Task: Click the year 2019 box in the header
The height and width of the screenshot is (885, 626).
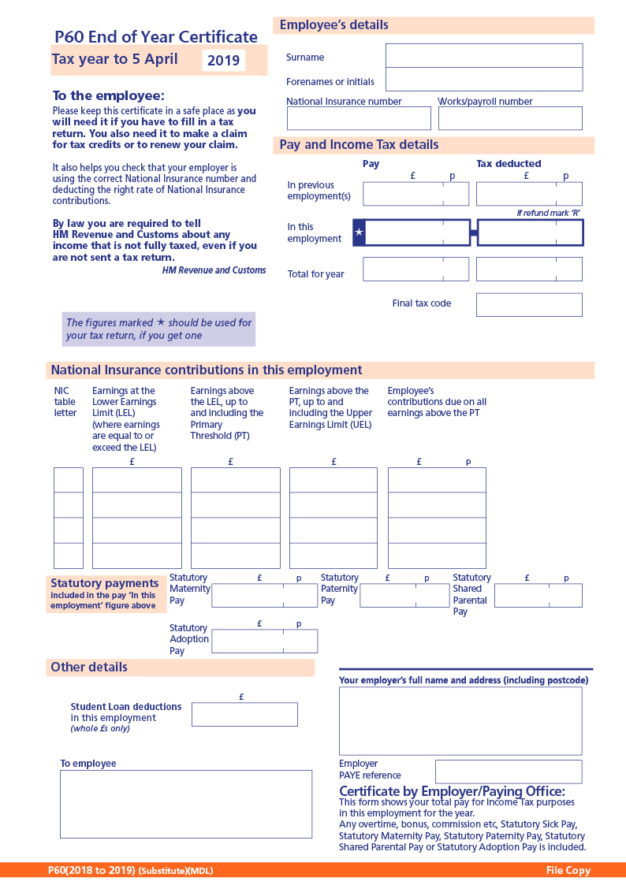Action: [223, 61]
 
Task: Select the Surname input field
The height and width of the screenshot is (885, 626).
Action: [483, 56]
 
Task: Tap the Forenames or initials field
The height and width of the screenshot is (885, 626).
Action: [483, 80]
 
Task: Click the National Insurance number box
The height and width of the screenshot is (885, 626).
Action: [359, 118]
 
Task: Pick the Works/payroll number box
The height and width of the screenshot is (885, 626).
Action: [510, 118]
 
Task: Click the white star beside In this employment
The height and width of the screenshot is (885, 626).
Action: [360, 232]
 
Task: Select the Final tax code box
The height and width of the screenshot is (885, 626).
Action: [529, 305]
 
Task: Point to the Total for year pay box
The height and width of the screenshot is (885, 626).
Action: [415, 269]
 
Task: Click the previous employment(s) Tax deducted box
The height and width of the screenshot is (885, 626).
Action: [529, 194]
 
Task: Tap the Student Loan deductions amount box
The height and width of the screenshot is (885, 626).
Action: [244, 714]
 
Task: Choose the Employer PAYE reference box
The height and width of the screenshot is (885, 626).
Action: [509, 772]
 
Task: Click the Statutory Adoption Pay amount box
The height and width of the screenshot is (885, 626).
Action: [264, 641]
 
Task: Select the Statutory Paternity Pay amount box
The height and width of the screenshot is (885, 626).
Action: [404, 595]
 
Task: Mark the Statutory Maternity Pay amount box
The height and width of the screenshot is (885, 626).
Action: [264, 595]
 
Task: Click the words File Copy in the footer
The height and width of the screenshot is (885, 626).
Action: [568, 870]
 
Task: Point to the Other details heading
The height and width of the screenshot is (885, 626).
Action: [89, 667]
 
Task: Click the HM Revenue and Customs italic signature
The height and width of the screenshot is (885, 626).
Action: [214, 270]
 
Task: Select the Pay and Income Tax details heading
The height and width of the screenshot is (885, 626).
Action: [359, 145]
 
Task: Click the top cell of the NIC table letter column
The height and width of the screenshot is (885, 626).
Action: [68, 480]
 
